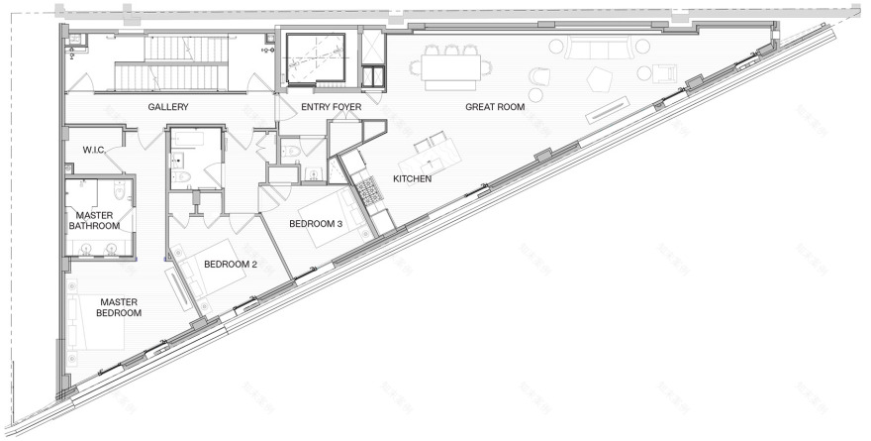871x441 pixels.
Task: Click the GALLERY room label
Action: [x=168, y=106]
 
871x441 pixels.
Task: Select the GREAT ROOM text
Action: [x=495, y=106]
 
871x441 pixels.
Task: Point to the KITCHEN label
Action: [x=412, y=179]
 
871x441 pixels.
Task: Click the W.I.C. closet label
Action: [x=95, y=151]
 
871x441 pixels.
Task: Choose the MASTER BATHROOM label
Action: [x=91, y=221]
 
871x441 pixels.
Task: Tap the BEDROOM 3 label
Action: [x=315, y=224]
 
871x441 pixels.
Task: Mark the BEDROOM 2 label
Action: [x=231, y=265]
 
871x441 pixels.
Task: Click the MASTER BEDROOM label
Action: [x=119, y=307]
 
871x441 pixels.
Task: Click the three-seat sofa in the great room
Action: [x=600, y=48]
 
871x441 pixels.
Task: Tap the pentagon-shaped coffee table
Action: [x=601, y=78]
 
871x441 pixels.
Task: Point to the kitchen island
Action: [x=432, y=155]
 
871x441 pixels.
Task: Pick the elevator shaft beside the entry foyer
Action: [x=315, y=57]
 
